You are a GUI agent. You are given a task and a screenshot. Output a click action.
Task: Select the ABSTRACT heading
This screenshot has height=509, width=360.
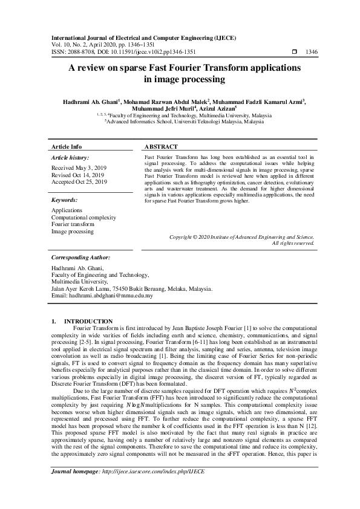click(x=161, y=147)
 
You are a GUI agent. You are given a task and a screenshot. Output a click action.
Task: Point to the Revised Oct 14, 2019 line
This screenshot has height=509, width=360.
click(x=78, y=175)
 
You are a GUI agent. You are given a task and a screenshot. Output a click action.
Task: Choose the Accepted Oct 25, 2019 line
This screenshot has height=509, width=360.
click(x=79, y=181)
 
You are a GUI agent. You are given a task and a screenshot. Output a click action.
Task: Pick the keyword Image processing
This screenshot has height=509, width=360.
click(x=72, y=232)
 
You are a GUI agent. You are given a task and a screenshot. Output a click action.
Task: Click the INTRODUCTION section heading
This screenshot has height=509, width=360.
click(x=88, y=321)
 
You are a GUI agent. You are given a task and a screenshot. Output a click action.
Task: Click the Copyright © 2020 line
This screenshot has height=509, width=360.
click(x=241, y=238)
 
